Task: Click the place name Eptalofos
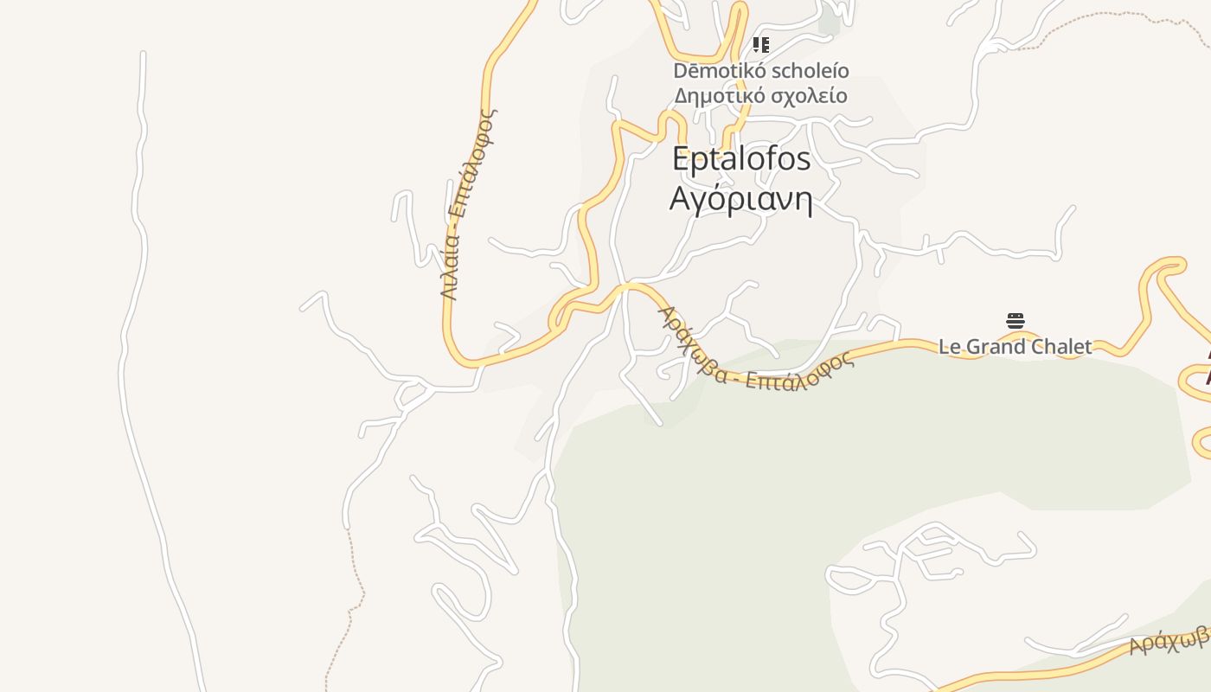[741, 159]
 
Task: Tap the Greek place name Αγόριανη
[741, 200]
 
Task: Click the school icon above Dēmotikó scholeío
[760, 45]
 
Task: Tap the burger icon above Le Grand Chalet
[1016, 321]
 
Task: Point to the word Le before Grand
[950, 347]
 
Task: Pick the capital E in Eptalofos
[682, 159]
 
